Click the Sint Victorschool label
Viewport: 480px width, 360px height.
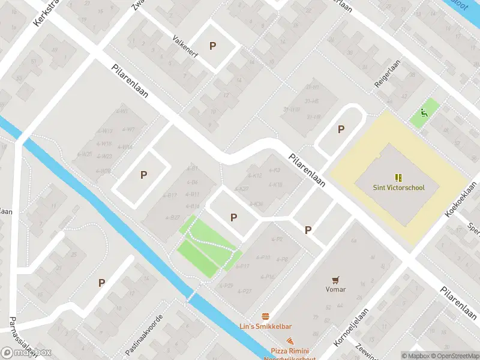tap(398, 188)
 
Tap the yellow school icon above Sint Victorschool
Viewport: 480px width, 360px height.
tap(398, 177)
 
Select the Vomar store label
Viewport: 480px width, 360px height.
tap(335, 289)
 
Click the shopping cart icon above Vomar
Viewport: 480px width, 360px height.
tap(335, 279)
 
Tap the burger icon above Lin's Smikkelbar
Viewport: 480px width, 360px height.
tap(265, 316)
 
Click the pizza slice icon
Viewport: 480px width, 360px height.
tap(290, 340)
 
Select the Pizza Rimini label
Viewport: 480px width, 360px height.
tap(290, 350)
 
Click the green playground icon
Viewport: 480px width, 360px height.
tap(424, 112)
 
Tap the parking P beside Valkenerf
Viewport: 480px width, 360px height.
tap(212, 46)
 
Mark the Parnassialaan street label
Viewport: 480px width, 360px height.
tap(18, 339)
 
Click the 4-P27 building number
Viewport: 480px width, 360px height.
tap(245, 290)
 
